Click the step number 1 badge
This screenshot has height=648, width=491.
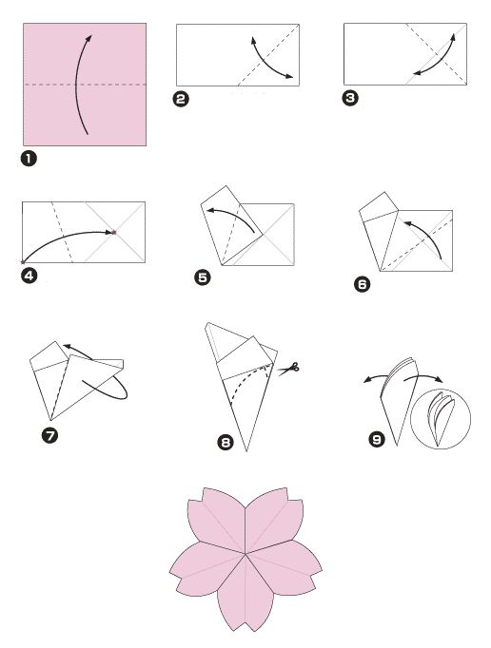[x=29, y=159]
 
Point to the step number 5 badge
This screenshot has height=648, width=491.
[x=202, y=277]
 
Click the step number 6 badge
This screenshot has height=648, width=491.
[x=363, y=282]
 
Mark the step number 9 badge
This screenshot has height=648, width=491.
[x=377, y=438]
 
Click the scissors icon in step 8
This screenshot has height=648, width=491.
[x=289, y=368]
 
